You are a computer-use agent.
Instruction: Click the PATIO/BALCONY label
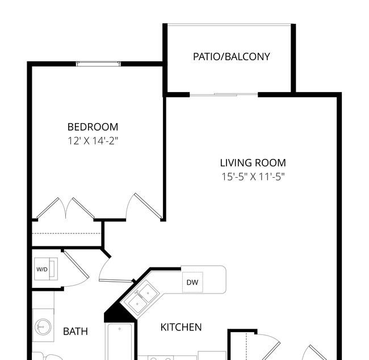coord(231,57)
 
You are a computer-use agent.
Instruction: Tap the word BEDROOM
coord(93,127)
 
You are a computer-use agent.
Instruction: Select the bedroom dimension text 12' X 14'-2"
coord(93,141)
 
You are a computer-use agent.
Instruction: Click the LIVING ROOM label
coord(253,163)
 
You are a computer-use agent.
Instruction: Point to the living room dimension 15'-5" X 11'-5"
coord(253,177)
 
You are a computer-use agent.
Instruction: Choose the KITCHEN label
coord(181,327)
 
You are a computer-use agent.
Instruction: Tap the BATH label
coord(76,332)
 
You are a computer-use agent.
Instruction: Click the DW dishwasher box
coord(192,282)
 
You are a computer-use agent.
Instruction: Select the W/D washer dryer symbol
coord(46,269)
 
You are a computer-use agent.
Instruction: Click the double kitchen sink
coord(140,296)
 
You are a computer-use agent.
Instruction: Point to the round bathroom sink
coord(43,327)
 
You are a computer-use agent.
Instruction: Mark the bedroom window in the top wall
coord(98,64)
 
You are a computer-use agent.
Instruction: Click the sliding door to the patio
coord(224,95)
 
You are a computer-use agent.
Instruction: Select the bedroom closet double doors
coord(65,208)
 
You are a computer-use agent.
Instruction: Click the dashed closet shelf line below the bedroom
coord(66,233)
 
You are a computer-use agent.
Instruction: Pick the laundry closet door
coord(76,269)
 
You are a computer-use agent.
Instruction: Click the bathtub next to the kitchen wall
coord(120,341)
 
